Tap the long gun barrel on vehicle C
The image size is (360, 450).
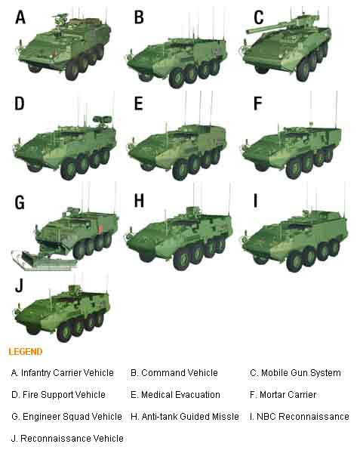(269, 27)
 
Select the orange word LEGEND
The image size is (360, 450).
(26, 352)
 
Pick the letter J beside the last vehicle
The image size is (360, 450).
(19, 285)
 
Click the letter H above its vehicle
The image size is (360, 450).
(139, 200)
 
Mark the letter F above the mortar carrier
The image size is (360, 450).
(257, 103)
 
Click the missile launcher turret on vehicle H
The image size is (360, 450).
(192, 212)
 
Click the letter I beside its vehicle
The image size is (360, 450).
(256, 200)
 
